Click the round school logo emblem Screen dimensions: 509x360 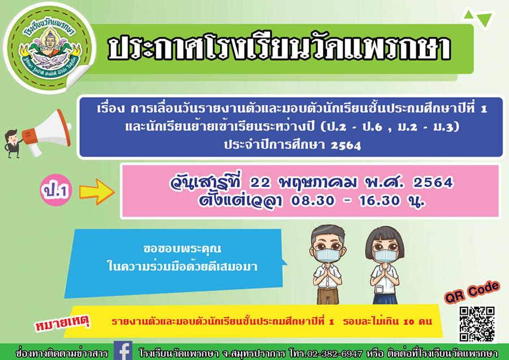click(x=50, y=48)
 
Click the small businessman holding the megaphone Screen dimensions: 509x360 click(x=12, y=144)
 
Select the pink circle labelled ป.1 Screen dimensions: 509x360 click(x=56, y=190)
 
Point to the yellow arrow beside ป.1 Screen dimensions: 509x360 click(x=97, y=192)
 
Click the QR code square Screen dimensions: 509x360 click(x=477, y=324)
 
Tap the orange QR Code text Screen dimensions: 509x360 click(x=472, y=292)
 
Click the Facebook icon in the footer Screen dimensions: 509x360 click(x=123, y=350)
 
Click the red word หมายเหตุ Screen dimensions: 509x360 click(x=62, y=323)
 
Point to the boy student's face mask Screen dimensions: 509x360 click(x=328, y=255)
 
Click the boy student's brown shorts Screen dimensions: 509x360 click(x=328, y=295)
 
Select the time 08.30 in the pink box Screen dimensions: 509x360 click(x=313, y=201)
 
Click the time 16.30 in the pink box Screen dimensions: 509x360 click(x=379, y=201)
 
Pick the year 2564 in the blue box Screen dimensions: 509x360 click(x=346, y=145)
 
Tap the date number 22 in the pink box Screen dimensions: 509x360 click(x=260, y=183)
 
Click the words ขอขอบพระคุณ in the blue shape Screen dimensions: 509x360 click(x=182, y=249)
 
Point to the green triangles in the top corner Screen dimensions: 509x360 click(x=478, y=18)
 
